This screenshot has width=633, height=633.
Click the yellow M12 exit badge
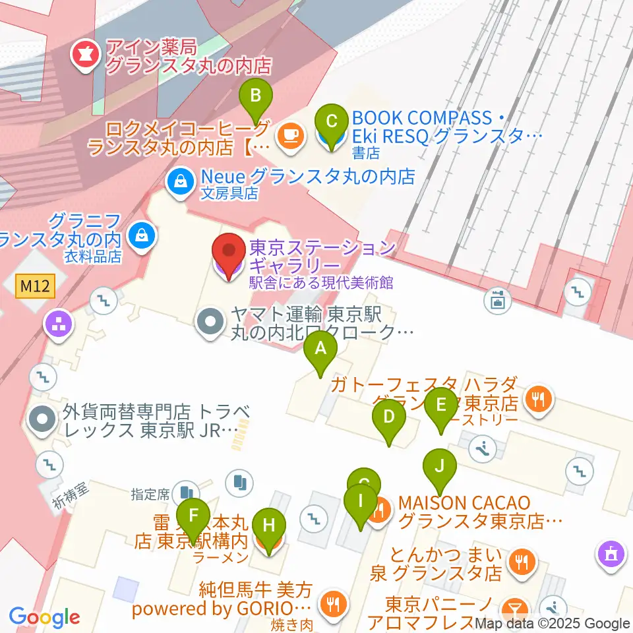[x=34, y=286]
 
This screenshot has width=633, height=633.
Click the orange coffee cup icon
[x=291, y=136]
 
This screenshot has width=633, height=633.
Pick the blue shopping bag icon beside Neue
[x=178, y=178]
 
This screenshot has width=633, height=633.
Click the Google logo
[x=45, y=617]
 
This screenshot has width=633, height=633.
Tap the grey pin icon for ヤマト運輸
[x=210, y=322]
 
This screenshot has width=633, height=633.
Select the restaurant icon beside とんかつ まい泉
[x=523, y=560]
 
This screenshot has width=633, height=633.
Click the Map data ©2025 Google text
[x=553, y=623]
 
